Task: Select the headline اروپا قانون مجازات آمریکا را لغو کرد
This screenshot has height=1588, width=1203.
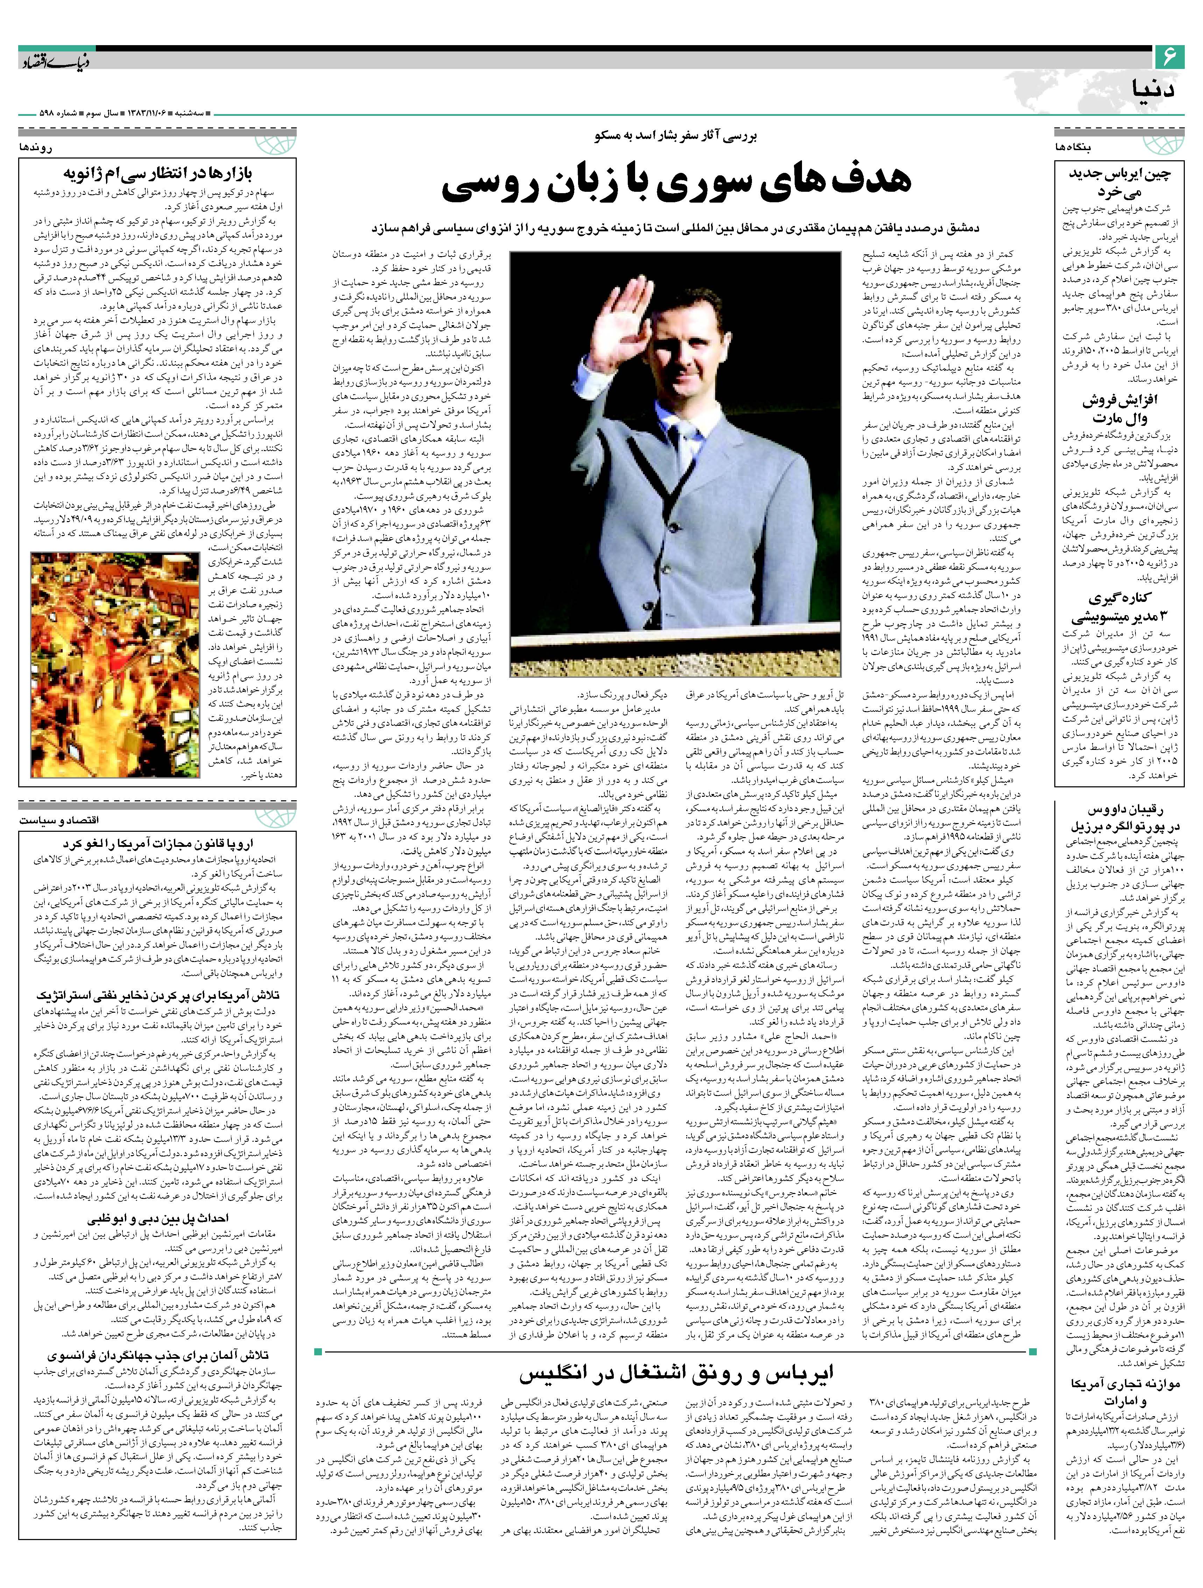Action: pos(156,844)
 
